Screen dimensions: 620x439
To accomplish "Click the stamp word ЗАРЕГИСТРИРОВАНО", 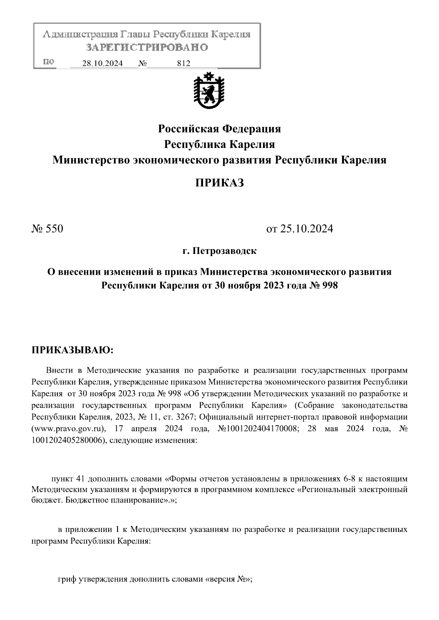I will [147, 47].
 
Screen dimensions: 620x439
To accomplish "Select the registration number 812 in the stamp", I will [184, 64].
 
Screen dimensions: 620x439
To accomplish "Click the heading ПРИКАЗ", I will [219, 183].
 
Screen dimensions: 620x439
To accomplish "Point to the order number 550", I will [54, 229].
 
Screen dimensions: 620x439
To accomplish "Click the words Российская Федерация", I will [219, 129].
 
